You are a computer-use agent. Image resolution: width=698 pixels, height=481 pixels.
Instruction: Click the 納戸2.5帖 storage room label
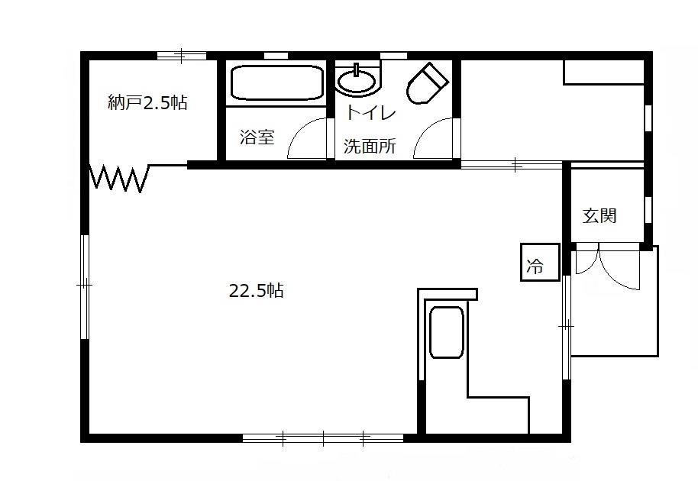coord(147,103)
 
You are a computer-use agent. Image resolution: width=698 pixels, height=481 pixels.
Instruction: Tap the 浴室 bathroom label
coord(257,137)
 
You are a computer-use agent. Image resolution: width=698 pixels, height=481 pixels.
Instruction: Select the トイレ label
coord(371,112)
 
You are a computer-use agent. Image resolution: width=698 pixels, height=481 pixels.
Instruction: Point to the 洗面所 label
coord(370,146)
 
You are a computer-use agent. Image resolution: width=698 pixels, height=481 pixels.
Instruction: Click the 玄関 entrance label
coord(599,215)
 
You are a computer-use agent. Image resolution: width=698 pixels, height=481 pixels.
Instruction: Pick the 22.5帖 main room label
coord(256,291)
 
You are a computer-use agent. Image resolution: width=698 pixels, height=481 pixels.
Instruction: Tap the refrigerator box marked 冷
coord(540,262)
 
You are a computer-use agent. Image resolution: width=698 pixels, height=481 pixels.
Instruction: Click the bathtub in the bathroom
coord(277,82)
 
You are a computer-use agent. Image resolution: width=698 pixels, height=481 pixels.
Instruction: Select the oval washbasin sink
coord(356,82)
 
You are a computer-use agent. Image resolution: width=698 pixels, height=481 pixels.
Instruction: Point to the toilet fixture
coord(426,83)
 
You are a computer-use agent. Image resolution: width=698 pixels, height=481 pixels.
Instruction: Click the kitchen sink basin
coord(447,332)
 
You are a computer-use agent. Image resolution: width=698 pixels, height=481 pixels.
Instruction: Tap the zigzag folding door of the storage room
coord(119,178)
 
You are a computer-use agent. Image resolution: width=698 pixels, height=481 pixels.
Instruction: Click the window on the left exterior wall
coord(85,287)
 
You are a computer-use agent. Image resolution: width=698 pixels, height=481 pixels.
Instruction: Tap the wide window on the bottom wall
coord(323,437)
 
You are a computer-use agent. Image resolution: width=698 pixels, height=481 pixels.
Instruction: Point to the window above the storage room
coord(182,56)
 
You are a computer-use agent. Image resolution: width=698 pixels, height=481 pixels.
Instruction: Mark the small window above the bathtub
coord(276,56)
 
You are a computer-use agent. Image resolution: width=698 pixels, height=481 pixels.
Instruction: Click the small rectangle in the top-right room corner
coord(604,72)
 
